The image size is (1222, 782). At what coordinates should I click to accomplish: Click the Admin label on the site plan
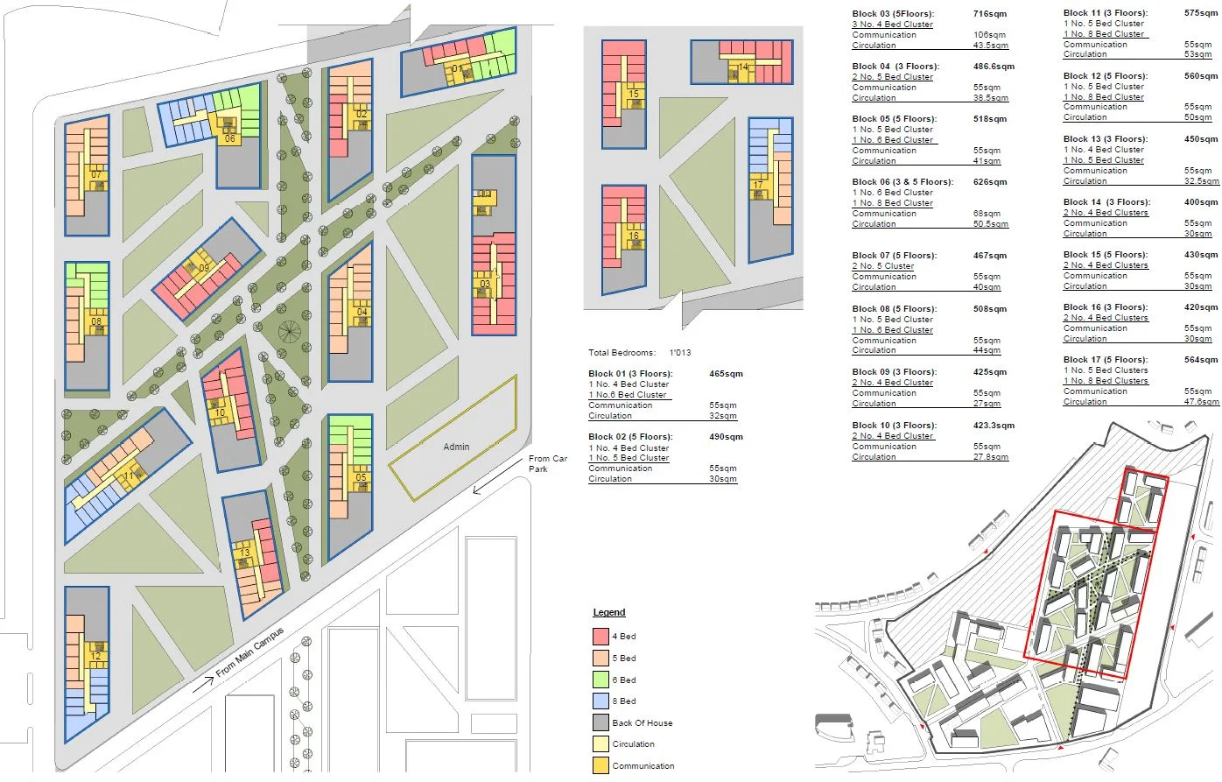point(456,447)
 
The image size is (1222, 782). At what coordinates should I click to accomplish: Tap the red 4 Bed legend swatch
point(600,637)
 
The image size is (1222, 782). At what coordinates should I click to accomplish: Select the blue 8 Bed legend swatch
point(600,701)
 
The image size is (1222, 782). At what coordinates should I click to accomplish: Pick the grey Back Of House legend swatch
point(600,723)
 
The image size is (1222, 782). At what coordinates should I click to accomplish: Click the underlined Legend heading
point(609,613)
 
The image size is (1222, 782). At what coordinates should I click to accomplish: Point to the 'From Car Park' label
point(547,464)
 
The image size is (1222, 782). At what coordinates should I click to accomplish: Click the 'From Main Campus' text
point(249,653)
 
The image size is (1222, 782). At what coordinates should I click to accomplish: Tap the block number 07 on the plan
point(96,175)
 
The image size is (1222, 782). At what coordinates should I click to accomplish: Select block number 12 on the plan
point(96,656)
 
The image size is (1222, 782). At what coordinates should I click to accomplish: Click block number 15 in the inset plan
point(634,94)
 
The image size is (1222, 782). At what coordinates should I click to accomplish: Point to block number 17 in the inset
point(758,185)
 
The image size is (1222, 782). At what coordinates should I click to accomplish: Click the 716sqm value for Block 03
point(990,14)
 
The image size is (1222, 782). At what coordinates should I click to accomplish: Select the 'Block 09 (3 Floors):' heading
point(894,372)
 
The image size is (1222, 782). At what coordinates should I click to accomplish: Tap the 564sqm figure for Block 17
point(1201,360)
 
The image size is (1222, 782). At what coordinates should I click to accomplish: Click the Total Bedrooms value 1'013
point(680,353)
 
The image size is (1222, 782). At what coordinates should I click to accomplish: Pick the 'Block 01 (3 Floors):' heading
point(630,374)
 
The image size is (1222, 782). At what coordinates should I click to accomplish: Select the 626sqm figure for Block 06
point(990,182)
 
